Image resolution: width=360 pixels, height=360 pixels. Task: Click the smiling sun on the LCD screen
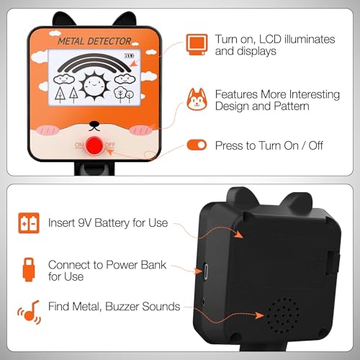(x=94, y=85)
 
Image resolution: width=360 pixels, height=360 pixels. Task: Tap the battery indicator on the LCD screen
(x=129, y=55)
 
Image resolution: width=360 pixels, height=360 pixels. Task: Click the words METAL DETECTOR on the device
(x=94, y=41)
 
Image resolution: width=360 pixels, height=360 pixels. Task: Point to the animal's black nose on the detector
(x=94, y=125)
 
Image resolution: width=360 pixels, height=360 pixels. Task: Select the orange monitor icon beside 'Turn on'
(x=197, y=45)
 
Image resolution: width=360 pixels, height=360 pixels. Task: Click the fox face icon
(x=197, y=99)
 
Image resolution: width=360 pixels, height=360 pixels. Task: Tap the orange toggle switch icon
(x=197, y=145)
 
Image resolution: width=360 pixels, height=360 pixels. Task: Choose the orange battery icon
(x=29, y=223)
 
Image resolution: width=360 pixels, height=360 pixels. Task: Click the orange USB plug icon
(x=29, y=269)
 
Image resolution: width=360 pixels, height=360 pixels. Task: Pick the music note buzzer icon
(x=30, y=312)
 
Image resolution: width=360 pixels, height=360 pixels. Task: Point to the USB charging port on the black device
(x=206, y=271)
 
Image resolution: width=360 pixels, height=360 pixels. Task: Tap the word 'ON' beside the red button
(x=79, y=145)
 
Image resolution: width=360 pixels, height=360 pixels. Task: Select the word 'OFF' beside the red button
(x=110, y=145)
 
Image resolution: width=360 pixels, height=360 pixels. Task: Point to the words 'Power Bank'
(x=136, y=265)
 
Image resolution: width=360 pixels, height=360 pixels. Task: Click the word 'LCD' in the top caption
(x=270, y=40)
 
